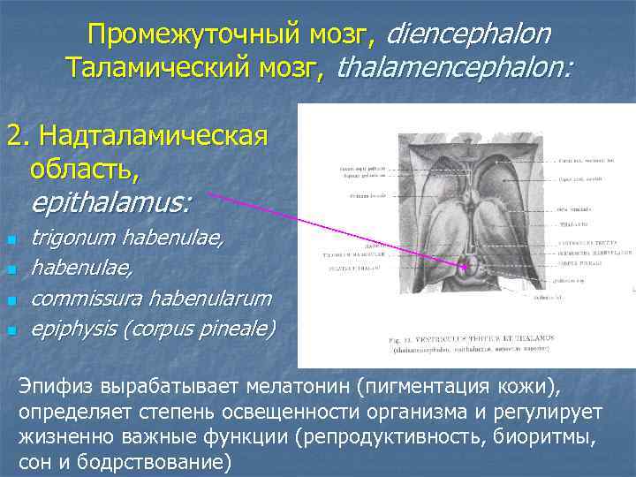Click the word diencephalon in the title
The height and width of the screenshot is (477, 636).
[x=468, y=34]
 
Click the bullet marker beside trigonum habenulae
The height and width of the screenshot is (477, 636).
[x=11, y=239]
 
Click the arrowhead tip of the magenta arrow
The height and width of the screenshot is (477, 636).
[x=471, y=264]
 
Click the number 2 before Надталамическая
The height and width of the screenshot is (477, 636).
[x=14, y=137]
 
